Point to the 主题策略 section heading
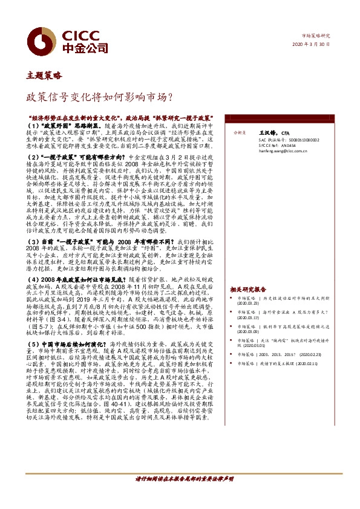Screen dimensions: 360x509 pyautogui.click(x=44, y=76)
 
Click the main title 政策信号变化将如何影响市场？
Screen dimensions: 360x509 pyautogui.click(x=100, y=96)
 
